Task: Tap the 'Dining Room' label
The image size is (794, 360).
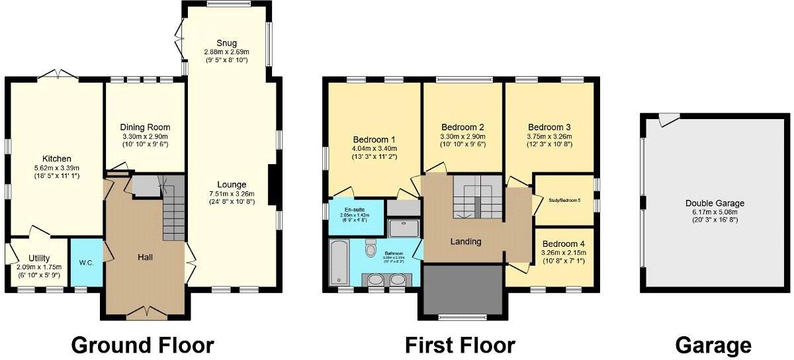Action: [145, 127]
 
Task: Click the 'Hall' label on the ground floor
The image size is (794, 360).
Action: [146, 256]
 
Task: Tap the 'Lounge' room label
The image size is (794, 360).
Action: [231, 185]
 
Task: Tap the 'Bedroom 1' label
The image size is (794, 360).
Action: [374, 140]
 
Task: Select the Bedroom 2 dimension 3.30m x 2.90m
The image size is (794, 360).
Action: [463, 136]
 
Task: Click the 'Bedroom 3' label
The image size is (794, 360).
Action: [549, 127]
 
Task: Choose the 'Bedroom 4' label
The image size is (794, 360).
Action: [563, 244]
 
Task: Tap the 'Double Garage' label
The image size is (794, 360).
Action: [715, 203]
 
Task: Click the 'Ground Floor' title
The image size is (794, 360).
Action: [142, 345]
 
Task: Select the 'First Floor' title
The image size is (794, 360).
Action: [460, 345]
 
